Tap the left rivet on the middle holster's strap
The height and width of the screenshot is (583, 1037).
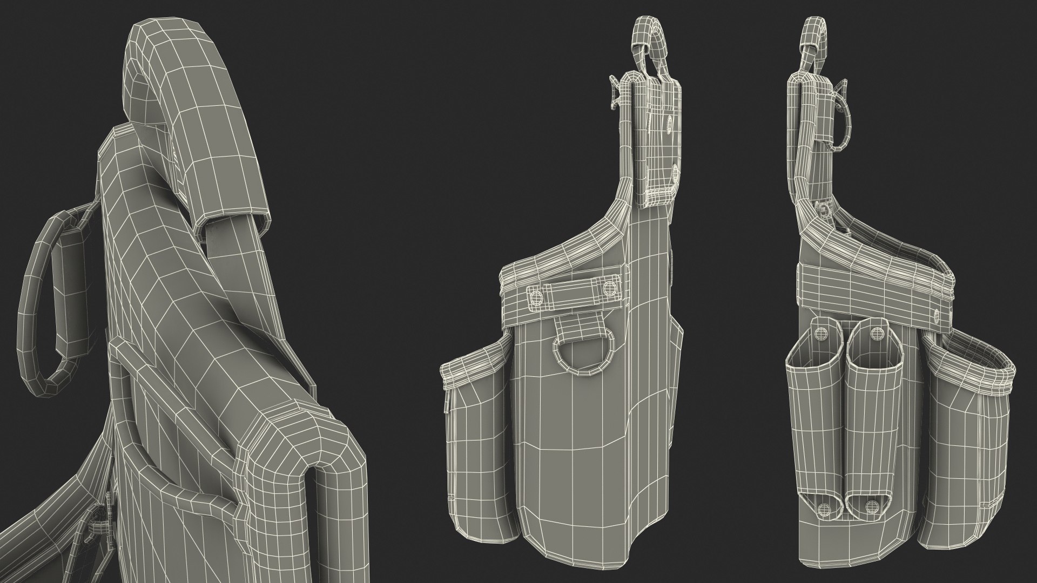pyautogui.click(x=536, y=296)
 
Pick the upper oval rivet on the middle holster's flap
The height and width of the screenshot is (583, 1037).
pyautogui.click(x=670, y=119)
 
